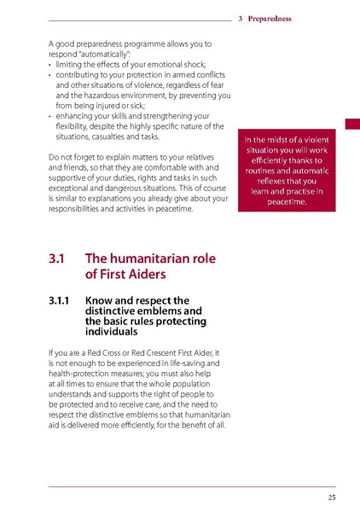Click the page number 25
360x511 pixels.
pos(330,496)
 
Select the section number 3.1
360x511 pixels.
pos(58,258)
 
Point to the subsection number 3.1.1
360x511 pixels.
pos(61,300)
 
